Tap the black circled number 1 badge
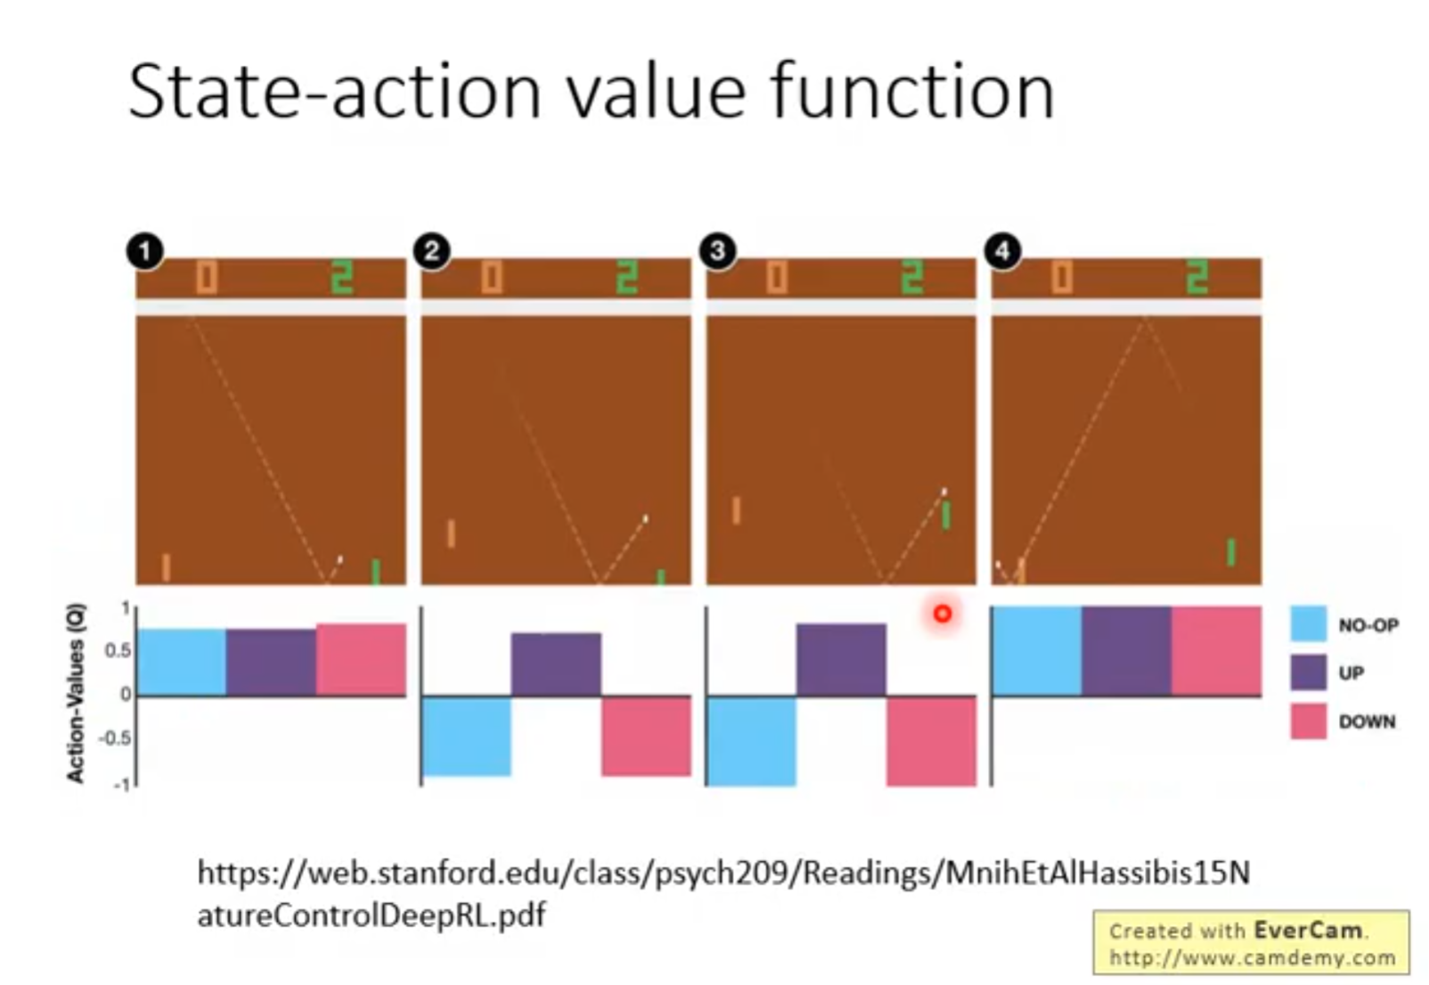click(x=145, y=251)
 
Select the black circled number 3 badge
click(x=718, y=251)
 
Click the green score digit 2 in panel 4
click(x=1196, y=277)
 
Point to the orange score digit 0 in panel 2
click(x=492, y=277)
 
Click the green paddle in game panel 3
click(x=946, y=515)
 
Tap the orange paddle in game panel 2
click(x=451, y=533)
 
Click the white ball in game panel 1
click(x=340, y=559)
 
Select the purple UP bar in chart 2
click(x=556, y=663)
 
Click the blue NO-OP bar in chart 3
click(x=751, y=741)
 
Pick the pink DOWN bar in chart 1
click(x=361, y=659)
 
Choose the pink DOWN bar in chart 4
click(x=1216, y=650)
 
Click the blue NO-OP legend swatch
click(x=1308, y=623)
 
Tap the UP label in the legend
click(x=1351, y=672)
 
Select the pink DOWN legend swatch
click(x=1308, y=721)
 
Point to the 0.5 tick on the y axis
click(x=118, y=651)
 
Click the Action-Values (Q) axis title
click(x=75, y=693)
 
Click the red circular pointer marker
click(x=943, y=614)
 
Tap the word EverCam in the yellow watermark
click(x=1307, y=930)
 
